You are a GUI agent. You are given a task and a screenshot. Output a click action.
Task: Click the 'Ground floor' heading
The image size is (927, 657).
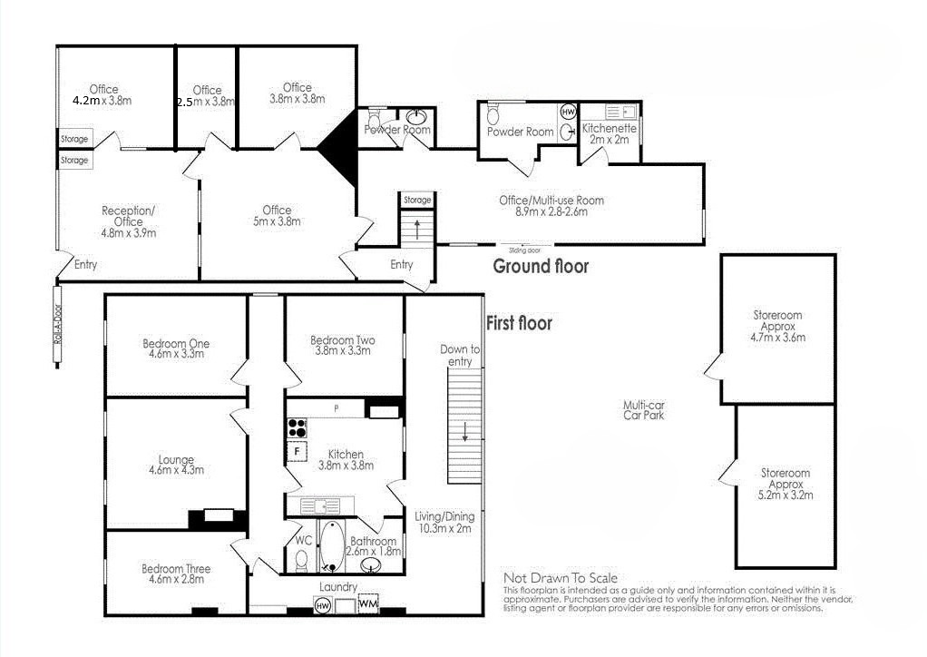(x=540, y=266)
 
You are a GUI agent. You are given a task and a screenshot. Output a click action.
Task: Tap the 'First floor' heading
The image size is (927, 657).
(x=519, y=323)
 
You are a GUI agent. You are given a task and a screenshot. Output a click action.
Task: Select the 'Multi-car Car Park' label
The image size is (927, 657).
(x=645, y=410)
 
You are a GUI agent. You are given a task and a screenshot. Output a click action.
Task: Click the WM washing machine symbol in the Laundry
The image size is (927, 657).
(x=367, y=603)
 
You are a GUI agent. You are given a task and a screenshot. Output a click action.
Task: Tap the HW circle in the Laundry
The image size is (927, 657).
(x=322, y=604)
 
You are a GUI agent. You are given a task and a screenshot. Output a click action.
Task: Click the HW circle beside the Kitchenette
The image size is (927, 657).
(x=569, y=112)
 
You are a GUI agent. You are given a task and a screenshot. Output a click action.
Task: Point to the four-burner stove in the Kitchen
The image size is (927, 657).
(x=297, y=427)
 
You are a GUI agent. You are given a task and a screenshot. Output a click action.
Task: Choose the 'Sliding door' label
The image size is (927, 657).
(x=524, y=249)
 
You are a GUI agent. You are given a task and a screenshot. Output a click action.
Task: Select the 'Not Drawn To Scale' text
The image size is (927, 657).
(x=560, y=578)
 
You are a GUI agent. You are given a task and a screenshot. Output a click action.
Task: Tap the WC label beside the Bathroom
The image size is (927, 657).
(x=302, y=541)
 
